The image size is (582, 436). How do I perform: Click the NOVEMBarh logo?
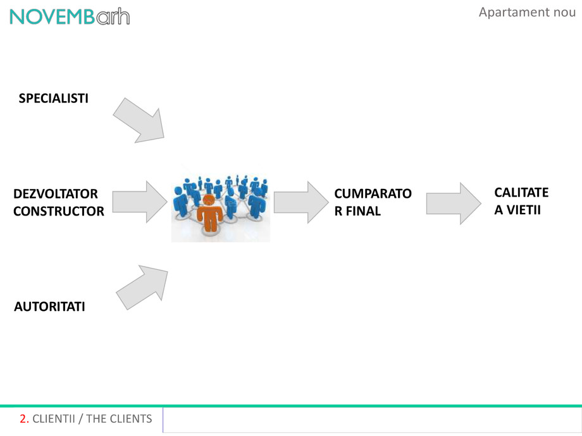point(70,16)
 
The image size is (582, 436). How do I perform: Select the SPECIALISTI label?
point(54,99)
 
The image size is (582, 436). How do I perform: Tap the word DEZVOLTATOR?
point(56,194)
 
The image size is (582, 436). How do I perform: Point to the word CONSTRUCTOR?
point(59,212)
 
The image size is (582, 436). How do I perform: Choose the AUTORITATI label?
point(49,307)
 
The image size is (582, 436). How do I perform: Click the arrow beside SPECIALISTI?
point(139,119)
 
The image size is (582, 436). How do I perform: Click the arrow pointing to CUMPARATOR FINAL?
point(299,202)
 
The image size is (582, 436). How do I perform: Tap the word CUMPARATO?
point(373,194)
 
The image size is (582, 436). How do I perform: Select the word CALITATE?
point(521,192)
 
